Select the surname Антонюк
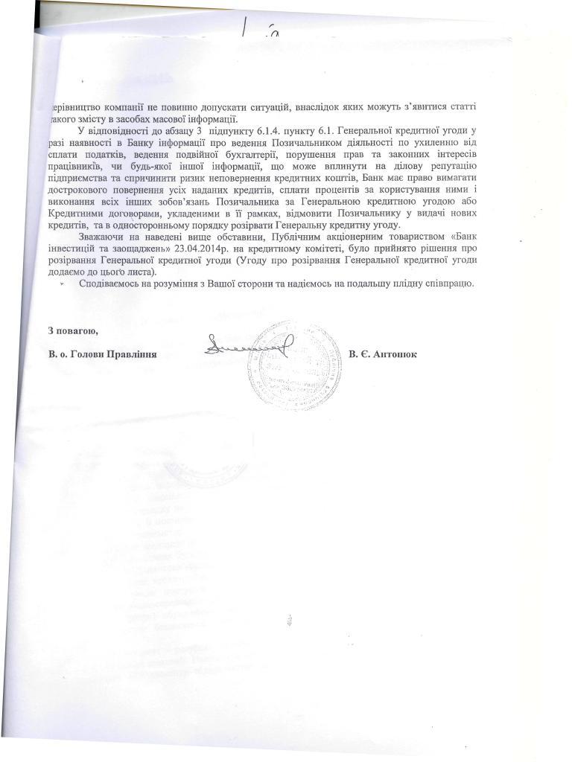[x=400, y=354]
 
